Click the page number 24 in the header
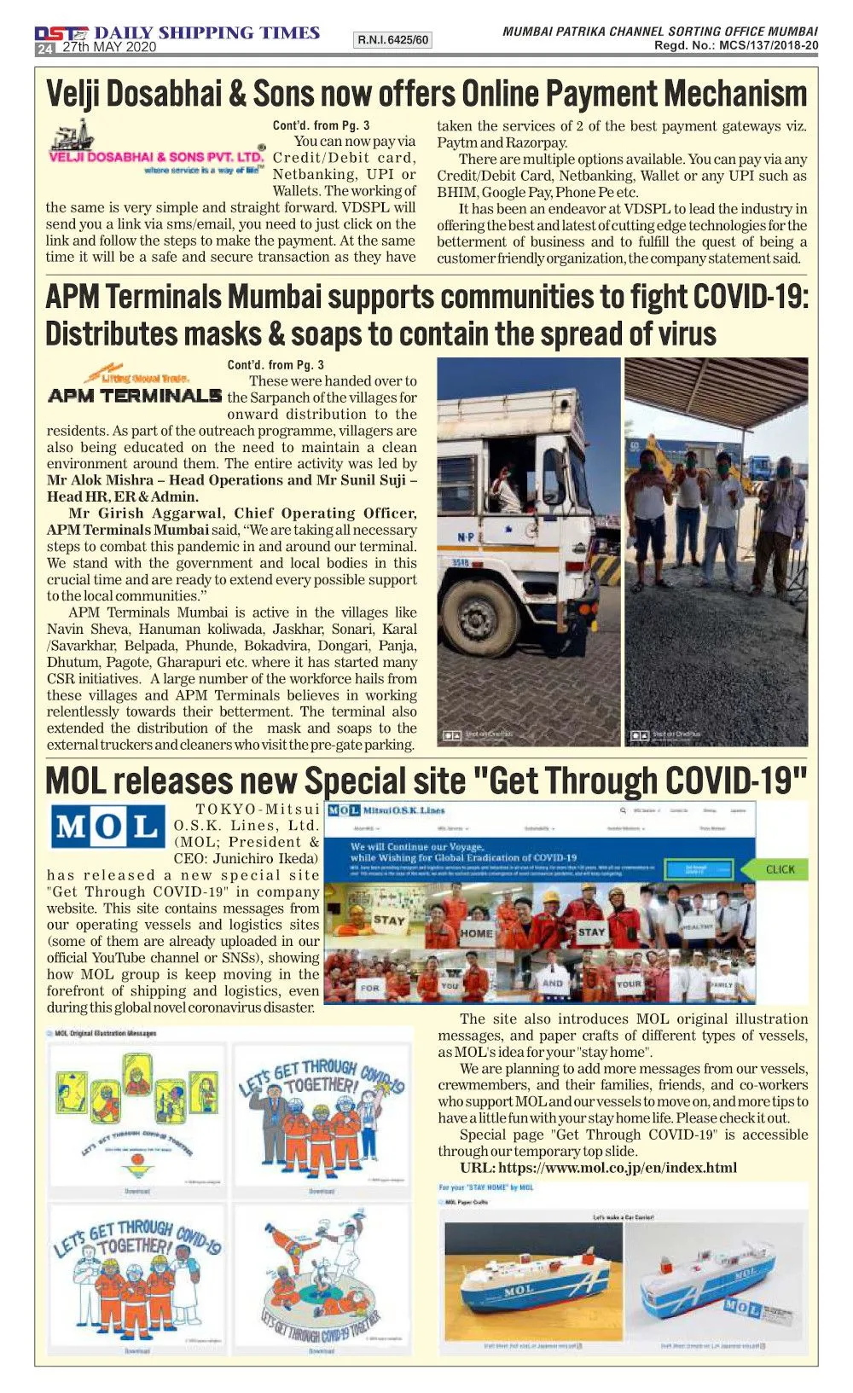[44, 49]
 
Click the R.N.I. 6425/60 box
[392, 40]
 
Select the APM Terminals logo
[135, 388]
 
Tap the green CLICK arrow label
[778, 869]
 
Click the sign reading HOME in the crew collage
[476, 932]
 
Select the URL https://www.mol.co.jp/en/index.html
[598, 1168]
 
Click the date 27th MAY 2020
[109, 48]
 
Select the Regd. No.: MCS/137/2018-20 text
[736, 46]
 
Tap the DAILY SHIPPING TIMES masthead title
[206, 32]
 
